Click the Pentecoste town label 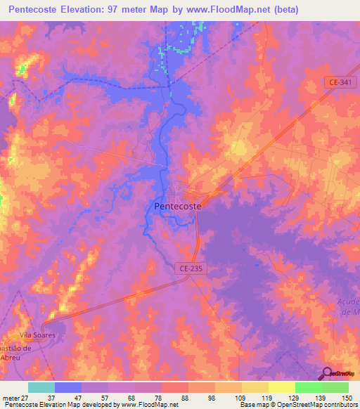(x=177, y=207)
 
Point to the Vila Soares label (x=37, y=335)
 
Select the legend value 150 (x=347, y=398)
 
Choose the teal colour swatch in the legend (x=41, y=387)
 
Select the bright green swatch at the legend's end (x=335, y=387)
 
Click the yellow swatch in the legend (x=281, y=387)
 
